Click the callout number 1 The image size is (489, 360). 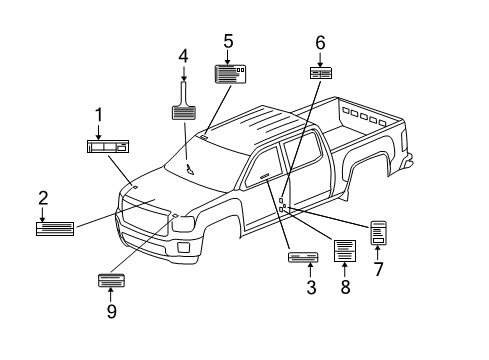pyautogui.click(x=99, y=116)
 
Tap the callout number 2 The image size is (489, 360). pyautogui.click(x=43, y=198)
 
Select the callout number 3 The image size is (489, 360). pyautogui.click(x=311, y=289)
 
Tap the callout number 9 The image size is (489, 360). pyautogui.click(x=111, y=311)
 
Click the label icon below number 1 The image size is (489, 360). pyautogui.click(x=107, y=147)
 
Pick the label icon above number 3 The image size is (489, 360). pyautogui.click(x=302, y=258)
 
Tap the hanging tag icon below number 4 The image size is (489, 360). pyautogui.click(x=184, y=107)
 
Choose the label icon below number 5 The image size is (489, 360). pyautogui.click(x=231, y=73)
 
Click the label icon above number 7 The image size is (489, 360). pyautogui.click(x=379, y=233)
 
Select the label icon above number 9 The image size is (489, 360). pyautogui.click(x=110, y=279)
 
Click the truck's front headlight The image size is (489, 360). pyautogui.click(x=184, y=225)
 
